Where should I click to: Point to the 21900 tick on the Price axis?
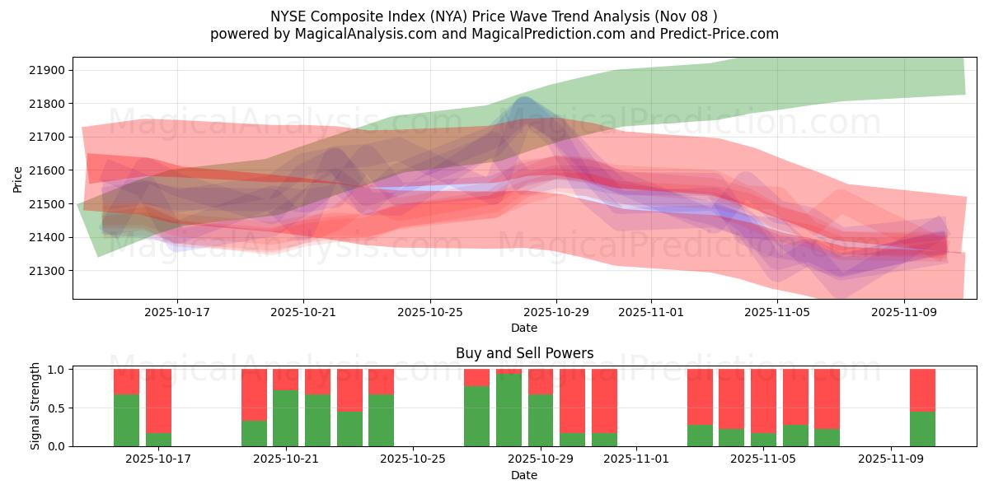click(48, 70)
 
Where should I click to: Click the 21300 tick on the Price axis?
click(48, 271)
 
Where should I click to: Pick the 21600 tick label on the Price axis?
click(48, 170)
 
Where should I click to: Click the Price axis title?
click(18, 179)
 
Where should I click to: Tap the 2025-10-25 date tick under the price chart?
click(430, 313)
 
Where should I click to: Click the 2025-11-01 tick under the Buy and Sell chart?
click(636, 459)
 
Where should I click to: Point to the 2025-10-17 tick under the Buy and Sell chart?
click(158, 459)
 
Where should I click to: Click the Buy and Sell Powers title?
click(524, 353)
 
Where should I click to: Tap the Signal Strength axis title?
click(35, 407)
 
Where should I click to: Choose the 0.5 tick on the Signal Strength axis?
click(56, 408)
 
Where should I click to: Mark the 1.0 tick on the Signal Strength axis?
click(56, 370)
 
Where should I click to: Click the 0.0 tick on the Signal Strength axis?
click(56, 446)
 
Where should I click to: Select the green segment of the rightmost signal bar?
click(922, 429)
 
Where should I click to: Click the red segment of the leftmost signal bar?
click(126, 382)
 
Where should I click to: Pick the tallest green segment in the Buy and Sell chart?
click(509, 410)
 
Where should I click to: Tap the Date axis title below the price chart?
click(524, 329)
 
